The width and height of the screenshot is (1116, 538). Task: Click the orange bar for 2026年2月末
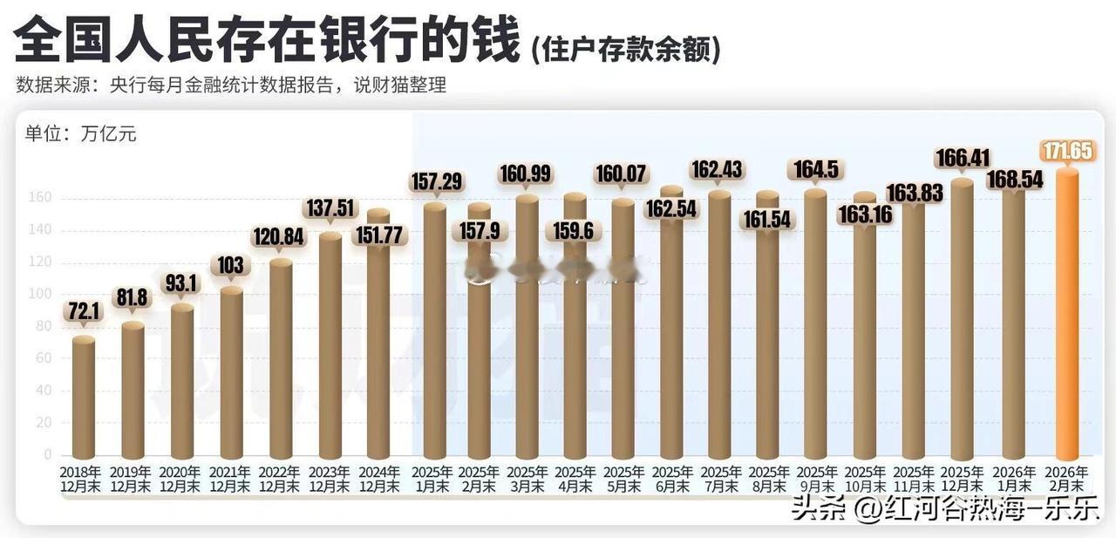[x=1066, y=314]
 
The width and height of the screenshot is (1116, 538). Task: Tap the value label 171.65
[x=1067, y=152]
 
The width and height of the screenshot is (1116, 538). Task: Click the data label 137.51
[x=330, y=209]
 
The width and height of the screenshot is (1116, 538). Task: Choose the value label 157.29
[x=436, y=182]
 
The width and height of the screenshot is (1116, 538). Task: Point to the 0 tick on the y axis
[x=48, y=455]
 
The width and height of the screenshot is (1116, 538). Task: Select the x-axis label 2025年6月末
[x=672, y=480]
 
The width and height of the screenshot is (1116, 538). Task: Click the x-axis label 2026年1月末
[x=1014, y=480]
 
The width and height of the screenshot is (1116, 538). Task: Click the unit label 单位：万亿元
[x=80, y=134]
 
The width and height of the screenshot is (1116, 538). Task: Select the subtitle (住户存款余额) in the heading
[x=626, y=49]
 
